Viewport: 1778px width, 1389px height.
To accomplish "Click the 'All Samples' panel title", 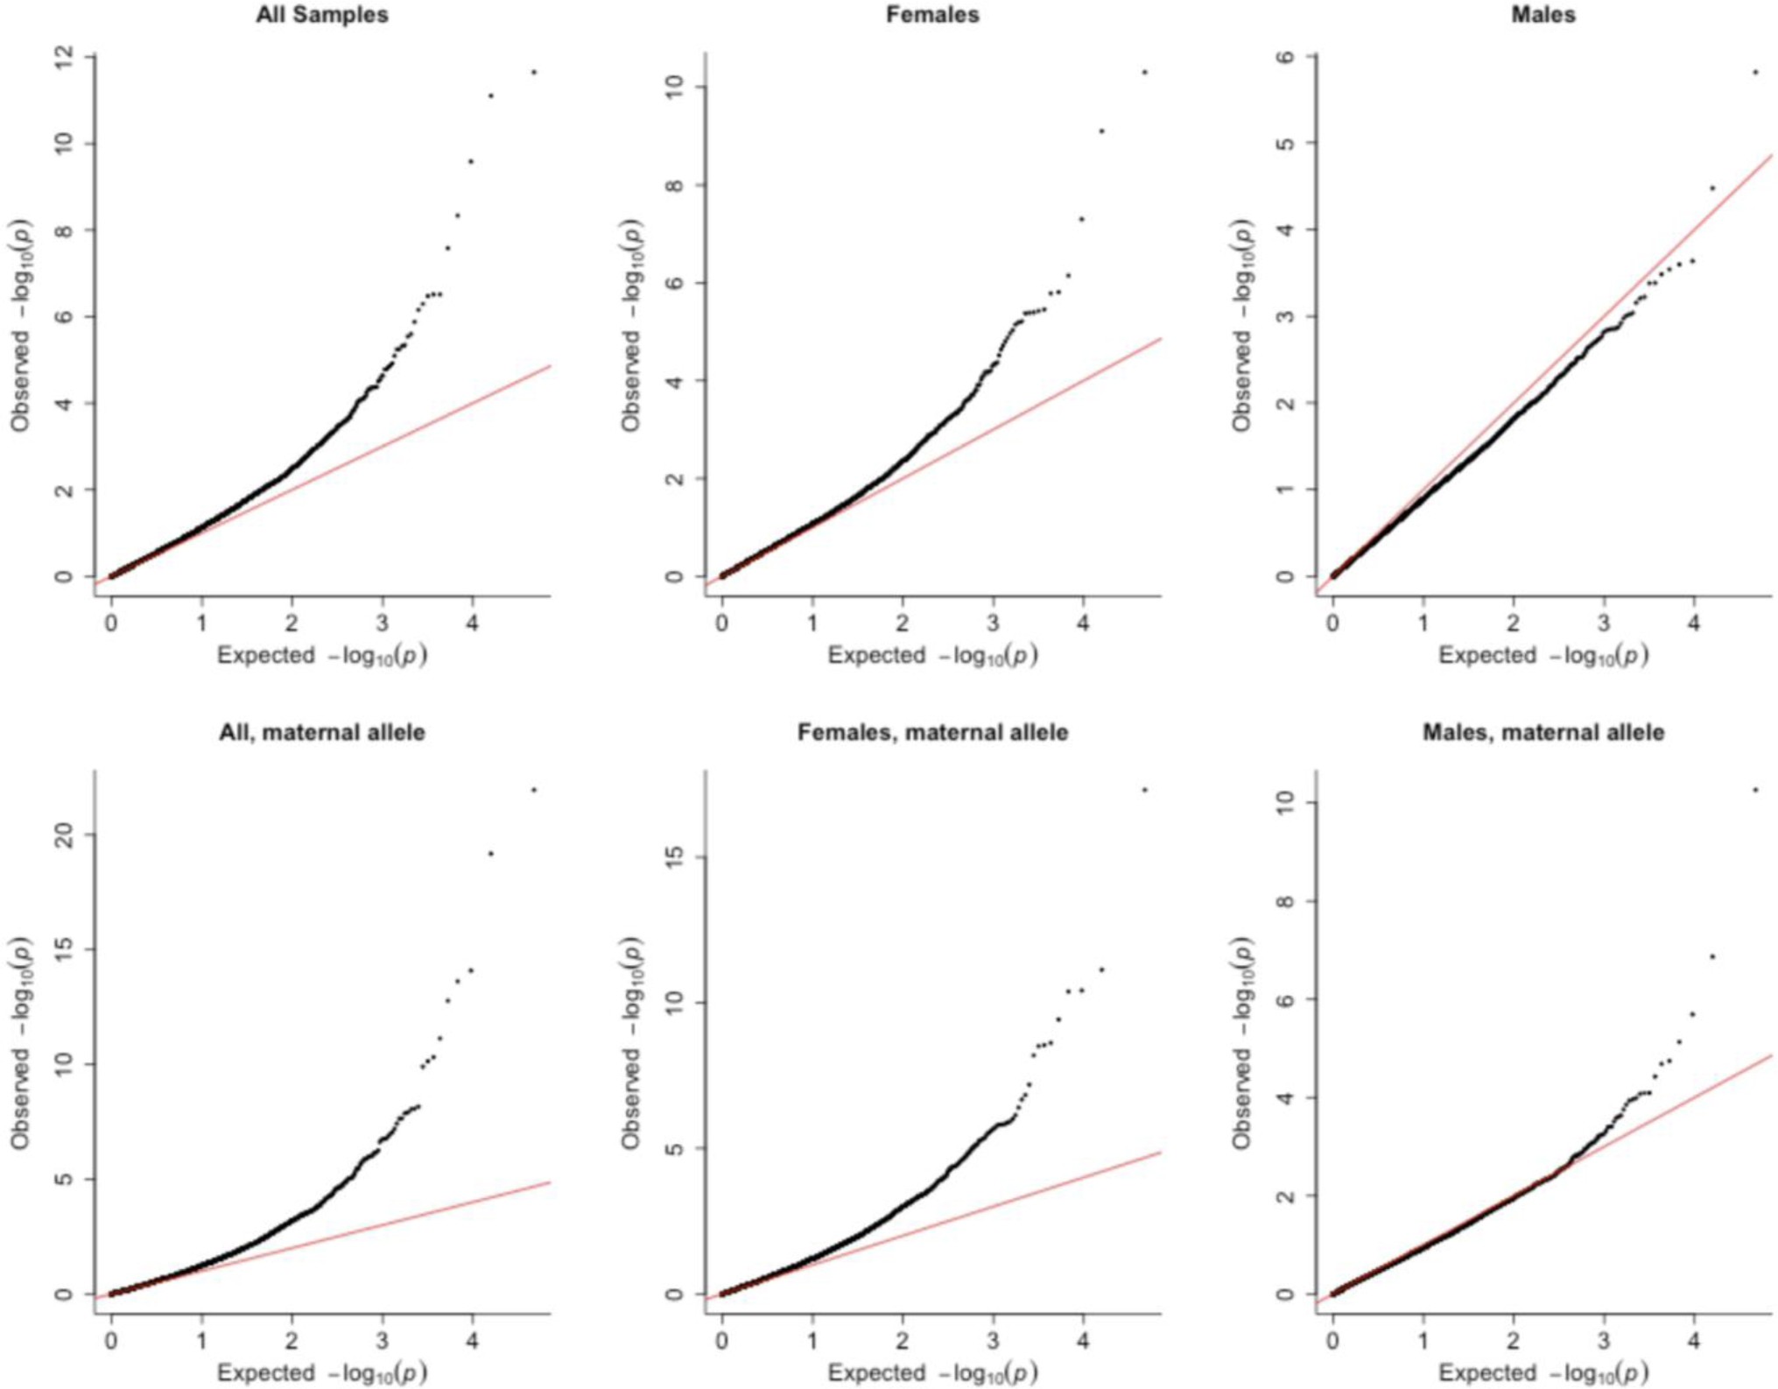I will click(321, 15).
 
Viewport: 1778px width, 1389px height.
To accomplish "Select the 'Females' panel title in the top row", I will click(932, 15).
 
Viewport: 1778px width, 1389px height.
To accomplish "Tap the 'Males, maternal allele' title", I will click(1543, 732).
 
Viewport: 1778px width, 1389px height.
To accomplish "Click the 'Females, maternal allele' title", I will click(932, 732).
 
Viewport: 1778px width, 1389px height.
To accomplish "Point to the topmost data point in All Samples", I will click(534, 73).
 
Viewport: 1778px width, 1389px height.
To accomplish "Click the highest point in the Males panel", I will click(1755, 73).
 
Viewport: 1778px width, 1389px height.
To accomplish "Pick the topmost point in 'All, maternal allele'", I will click(534, 790).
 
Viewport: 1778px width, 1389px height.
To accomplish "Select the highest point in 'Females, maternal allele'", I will click(1144, 790).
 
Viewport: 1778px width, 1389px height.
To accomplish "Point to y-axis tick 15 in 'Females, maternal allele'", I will click(675, 857).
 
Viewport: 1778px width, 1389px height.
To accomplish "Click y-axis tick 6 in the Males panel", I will click(1285, 56).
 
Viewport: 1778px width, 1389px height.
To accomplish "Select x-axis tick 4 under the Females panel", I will click(1083, 624).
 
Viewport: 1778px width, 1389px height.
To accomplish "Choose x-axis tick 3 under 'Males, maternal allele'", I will click(1604, 1341).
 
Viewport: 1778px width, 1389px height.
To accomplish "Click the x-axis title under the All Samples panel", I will click(321, 656).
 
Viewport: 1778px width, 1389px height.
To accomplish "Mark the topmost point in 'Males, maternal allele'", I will click(1755, 790).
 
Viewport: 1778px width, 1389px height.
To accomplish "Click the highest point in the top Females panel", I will click(1144, 73).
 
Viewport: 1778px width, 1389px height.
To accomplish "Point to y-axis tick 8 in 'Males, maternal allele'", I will click(1285, 901).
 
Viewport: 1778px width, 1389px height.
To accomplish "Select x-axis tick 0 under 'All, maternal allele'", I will click(111, 1341).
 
